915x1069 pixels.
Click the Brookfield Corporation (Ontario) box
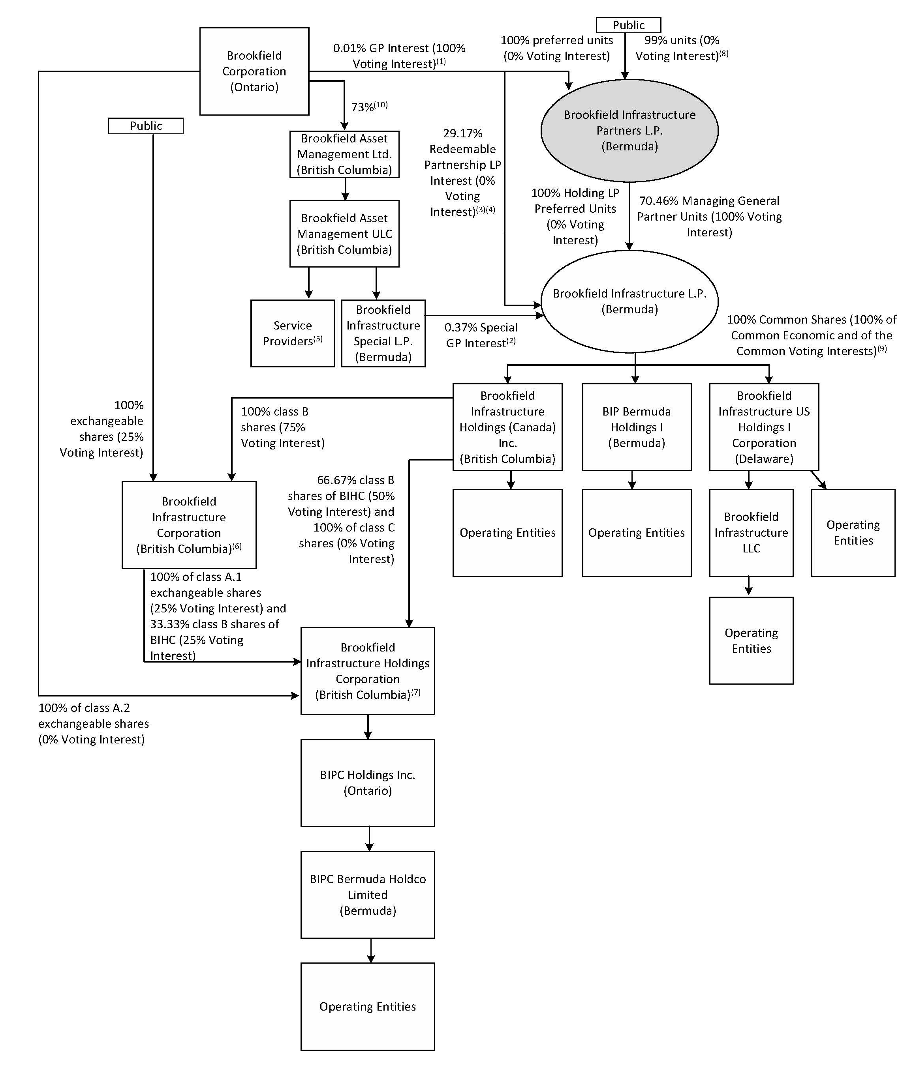coord(254,71)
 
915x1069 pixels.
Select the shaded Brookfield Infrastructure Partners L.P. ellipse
coord(629,131)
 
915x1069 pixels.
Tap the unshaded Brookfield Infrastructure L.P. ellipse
coord(629,301)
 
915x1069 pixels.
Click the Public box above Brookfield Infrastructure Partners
coord(628,25)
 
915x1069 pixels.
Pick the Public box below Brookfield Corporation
coord(146,126)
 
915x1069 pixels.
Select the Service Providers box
coord(292,333)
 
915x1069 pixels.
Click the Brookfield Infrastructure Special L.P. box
coord(383,333)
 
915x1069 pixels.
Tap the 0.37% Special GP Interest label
coord(480,335)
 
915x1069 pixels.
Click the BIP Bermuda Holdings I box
coord(636,427)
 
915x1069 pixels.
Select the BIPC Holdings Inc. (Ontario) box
coord(368,783)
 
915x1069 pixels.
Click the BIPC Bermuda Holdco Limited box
coord(368,895)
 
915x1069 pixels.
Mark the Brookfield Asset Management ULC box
coord(344,234)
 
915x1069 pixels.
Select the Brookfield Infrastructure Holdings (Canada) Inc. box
coord(507,427)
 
